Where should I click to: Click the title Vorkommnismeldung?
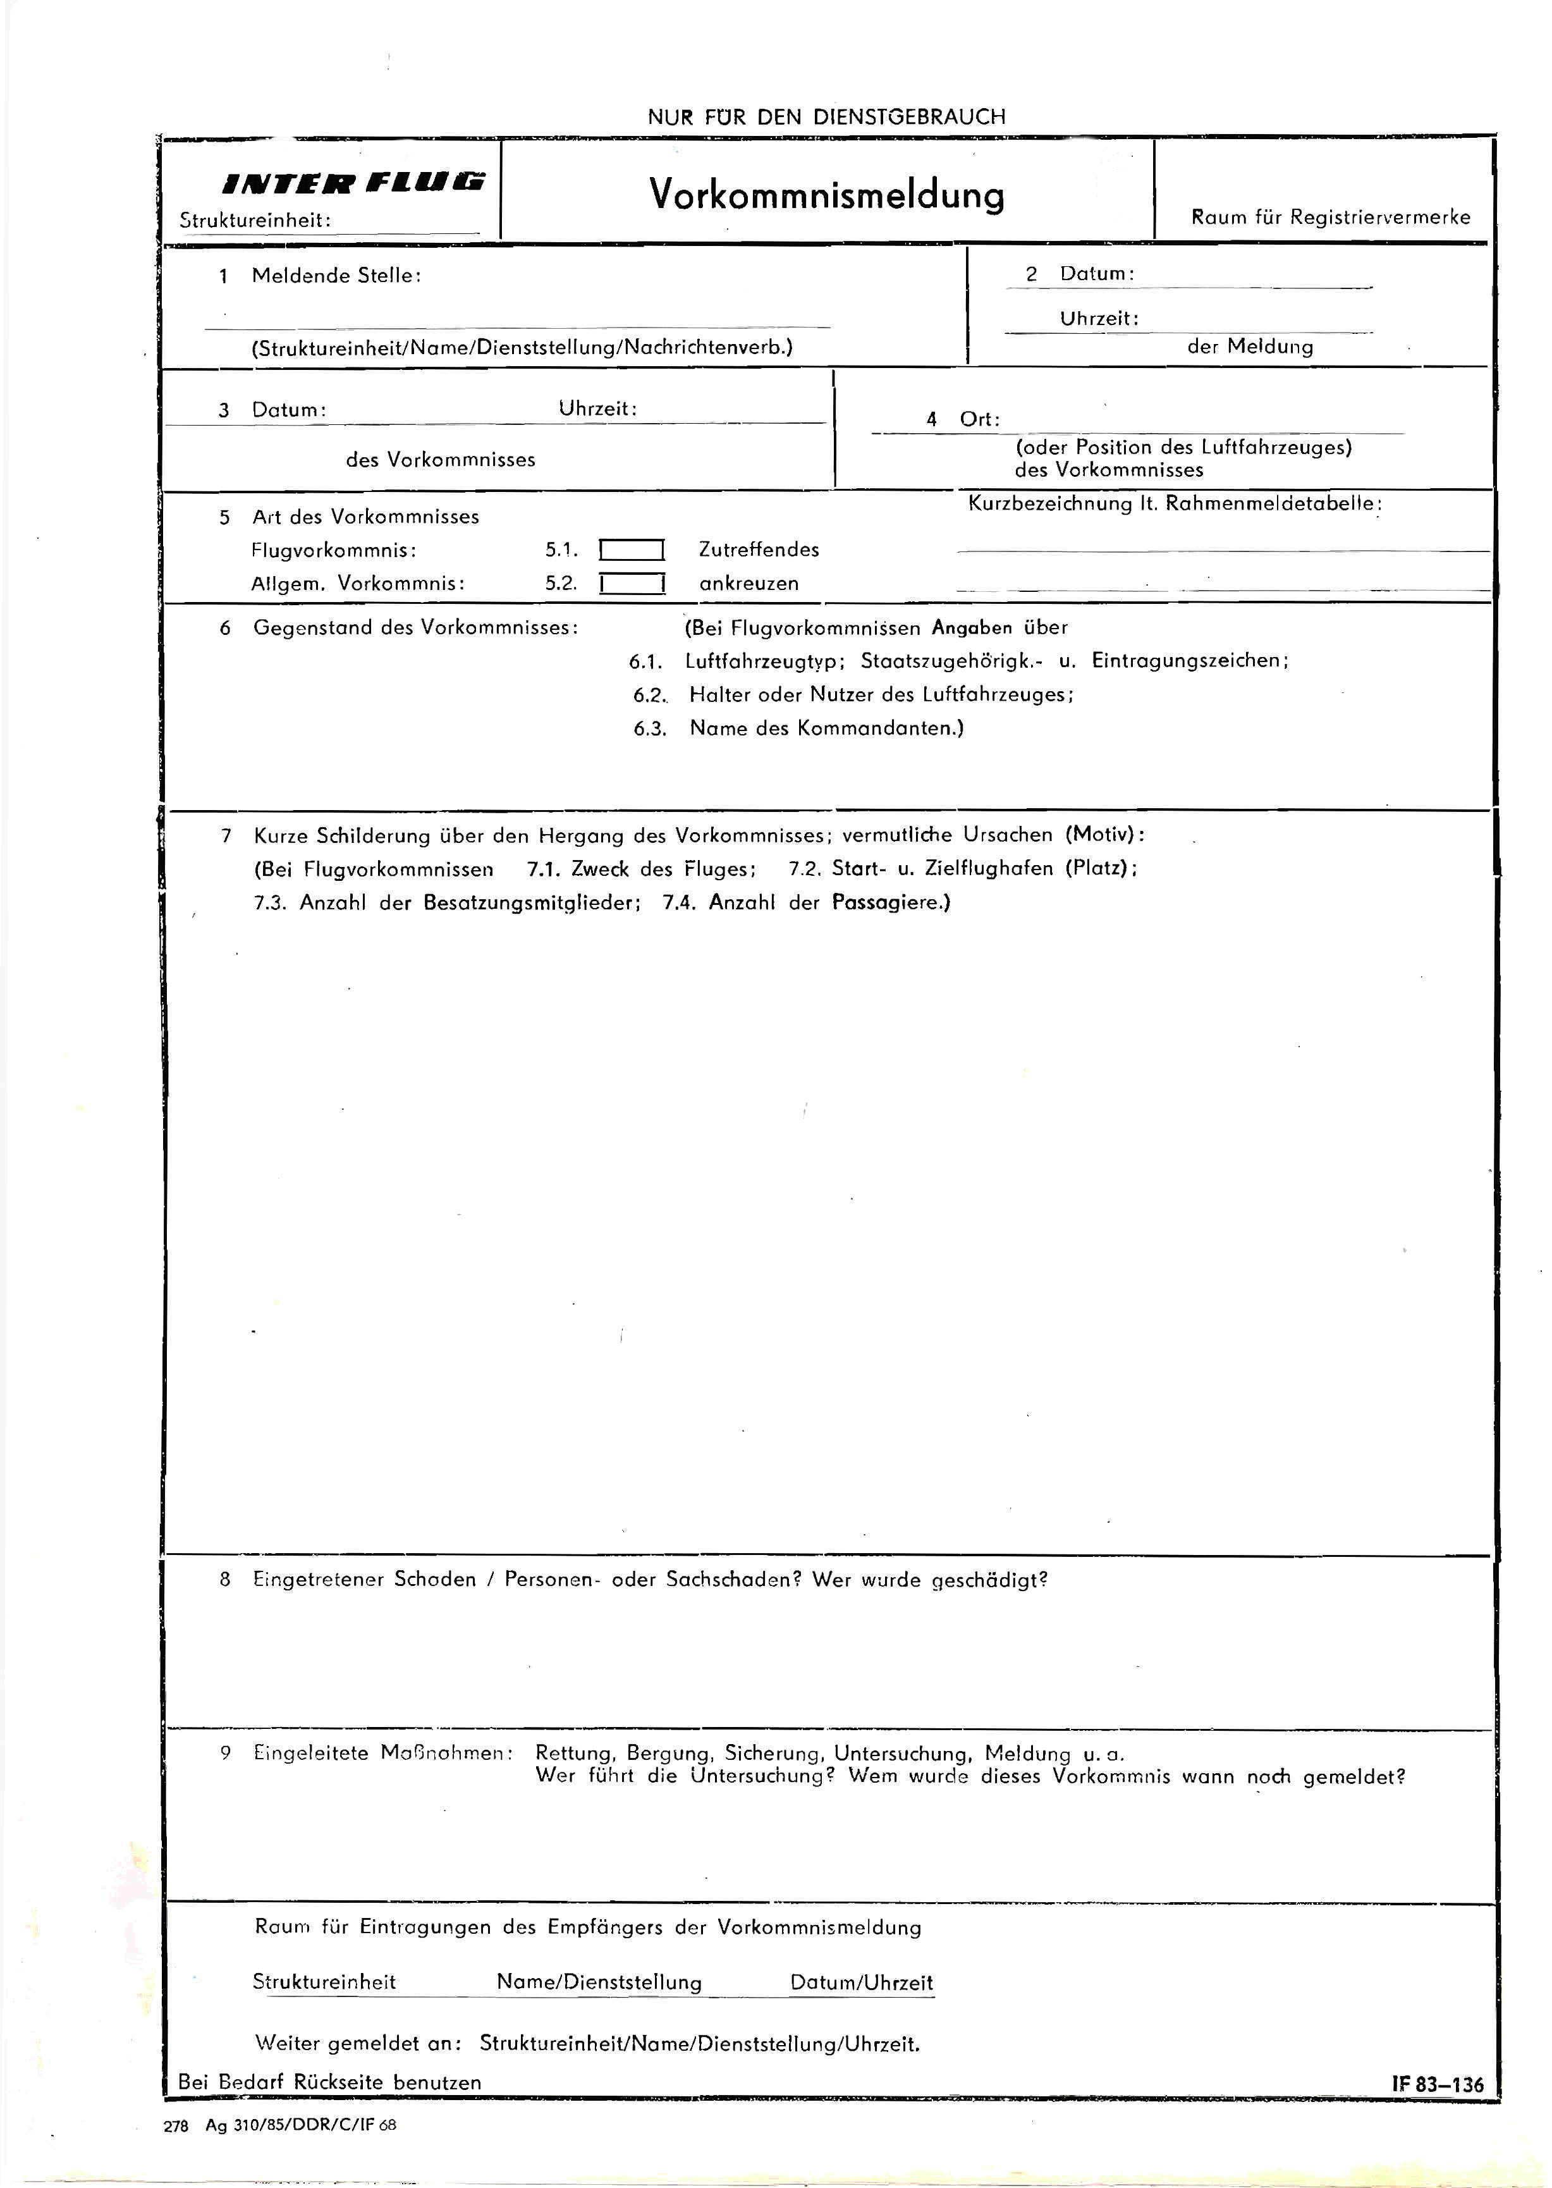coord(827,194)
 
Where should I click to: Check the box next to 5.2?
coord(632,583)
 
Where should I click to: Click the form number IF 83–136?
coord(1438,2084)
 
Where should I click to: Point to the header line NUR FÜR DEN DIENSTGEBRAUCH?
coord(827,116)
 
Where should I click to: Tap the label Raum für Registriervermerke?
coord(1330,217)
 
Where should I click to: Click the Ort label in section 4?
coord(979,420)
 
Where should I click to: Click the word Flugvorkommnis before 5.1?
coord(334,551)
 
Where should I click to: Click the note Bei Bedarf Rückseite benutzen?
coord(330,2082)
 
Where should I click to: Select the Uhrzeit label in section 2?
coord(1099,318)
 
